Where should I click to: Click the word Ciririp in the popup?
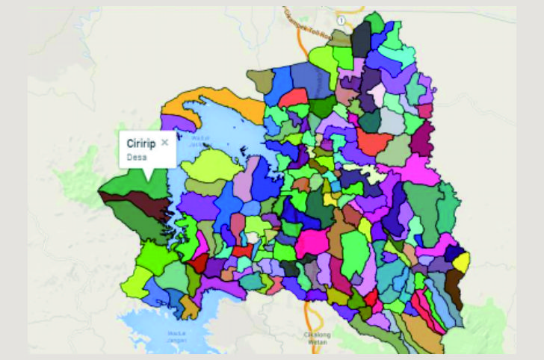140,143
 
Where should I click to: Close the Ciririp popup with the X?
165,142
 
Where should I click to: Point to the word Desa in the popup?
137,157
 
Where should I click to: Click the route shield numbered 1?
340,19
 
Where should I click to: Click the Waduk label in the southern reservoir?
176,335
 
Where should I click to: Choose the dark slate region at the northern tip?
361,37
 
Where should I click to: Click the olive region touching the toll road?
262,81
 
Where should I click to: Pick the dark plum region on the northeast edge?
422,138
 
